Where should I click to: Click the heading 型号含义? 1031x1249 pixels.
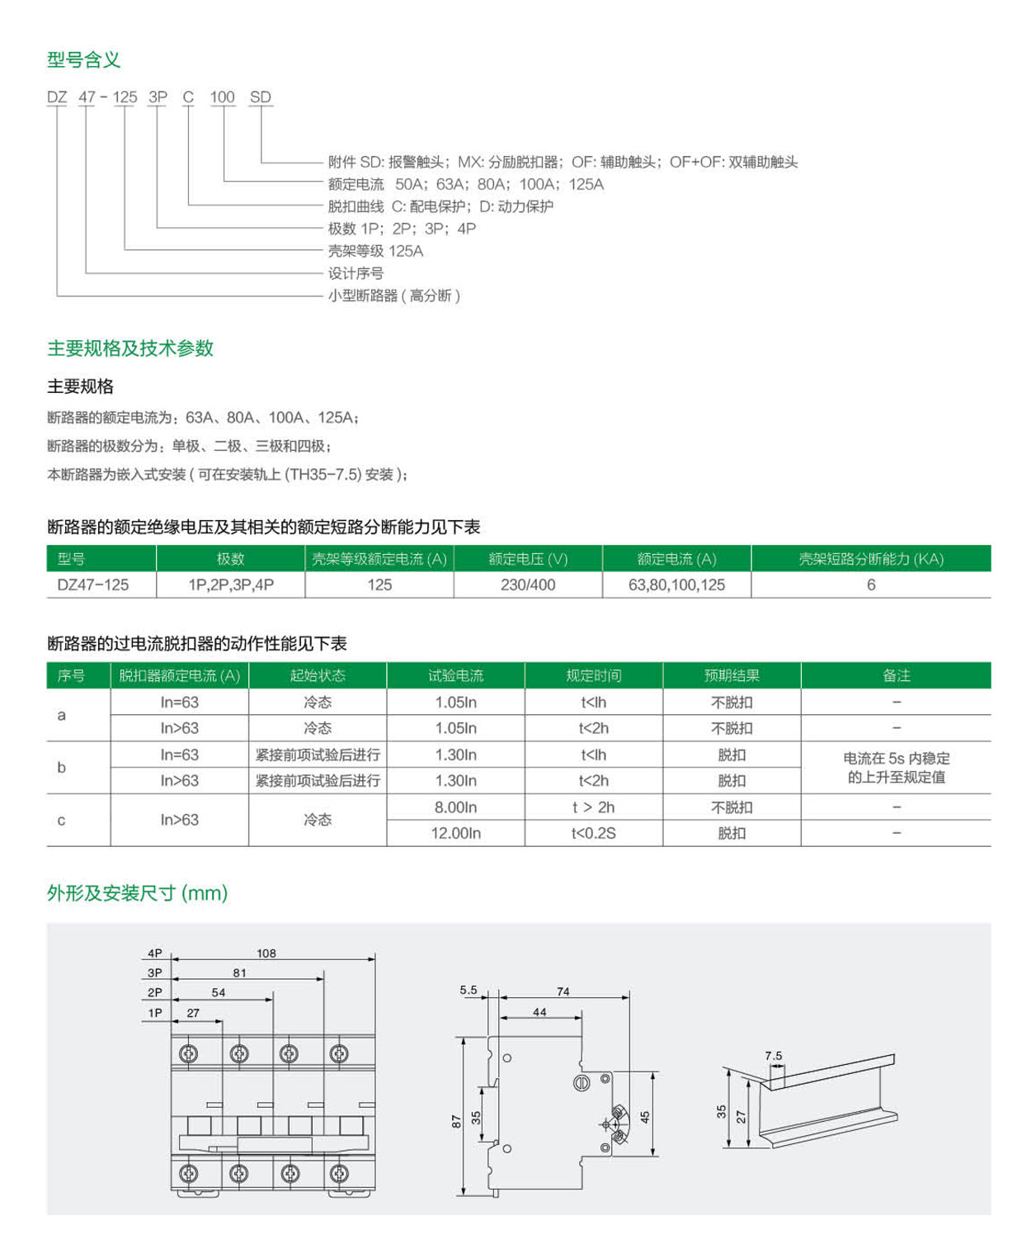(x=83, y=59)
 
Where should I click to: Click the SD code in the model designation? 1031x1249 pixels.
(x=260, y=97)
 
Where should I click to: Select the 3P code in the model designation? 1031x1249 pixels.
(x=158, y=97)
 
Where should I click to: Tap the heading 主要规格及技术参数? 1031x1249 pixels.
(x=130, y=348)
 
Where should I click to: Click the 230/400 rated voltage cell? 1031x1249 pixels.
(x=528, y=584)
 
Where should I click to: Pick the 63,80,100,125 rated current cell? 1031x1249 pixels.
(x=676, y=584)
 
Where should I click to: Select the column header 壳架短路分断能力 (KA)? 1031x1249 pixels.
(x=870, y=559)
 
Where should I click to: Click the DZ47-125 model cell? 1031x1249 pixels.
(x=93, y=584)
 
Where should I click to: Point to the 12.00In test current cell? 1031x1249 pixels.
(x=455, y=833)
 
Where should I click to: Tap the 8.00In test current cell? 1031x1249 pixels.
(x=455, y=807)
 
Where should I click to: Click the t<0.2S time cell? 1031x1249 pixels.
(x=593, y=833)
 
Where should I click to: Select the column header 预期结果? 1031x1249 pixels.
(x=732, y=675)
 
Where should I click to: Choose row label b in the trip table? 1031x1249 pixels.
(x=61, y=767)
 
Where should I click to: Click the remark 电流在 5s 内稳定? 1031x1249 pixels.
(x=896, y=758)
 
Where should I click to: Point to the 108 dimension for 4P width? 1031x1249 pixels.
(x=266, y=953)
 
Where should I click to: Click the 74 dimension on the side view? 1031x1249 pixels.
(x=563, y=991)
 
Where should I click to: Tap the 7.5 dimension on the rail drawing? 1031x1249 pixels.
(x=773, y=1055)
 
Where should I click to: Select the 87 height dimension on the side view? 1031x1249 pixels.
(x=456, y=1121)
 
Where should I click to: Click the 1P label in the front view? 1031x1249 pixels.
(x=155, y=1013)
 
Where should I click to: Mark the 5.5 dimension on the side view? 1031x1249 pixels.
(x=468, y=989)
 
